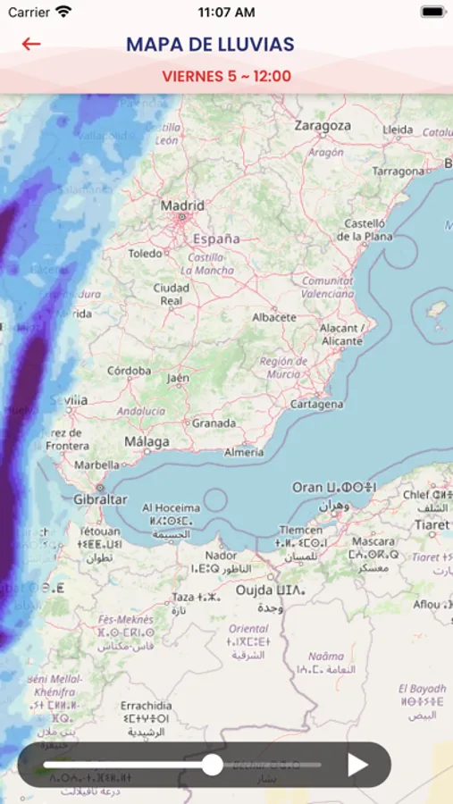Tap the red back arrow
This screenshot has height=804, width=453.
point(31,44)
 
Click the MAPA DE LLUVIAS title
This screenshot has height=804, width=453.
point(210,45)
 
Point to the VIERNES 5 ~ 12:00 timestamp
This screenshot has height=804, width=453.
point(227,76)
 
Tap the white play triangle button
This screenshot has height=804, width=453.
point(357,765)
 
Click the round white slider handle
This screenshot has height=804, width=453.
point(212,765)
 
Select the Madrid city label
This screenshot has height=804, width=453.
point(182,206)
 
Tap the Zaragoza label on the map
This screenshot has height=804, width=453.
point(323,126)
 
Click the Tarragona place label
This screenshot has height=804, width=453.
point(398,171)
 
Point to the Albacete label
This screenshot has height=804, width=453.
point(274,317)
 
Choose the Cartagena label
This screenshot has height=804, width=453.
point(316,404)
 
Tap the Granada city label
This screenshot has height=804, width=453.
point(214,423)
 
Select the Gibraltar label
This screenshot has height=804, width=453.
point(99,499)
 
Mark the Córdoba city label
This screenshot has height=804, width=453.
point(129,371)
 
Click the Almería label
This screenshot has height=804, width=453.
point(244,452)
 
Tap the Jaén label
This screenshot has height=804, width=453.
point(178,378)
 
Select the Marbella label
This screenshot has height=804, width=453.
point(96,465)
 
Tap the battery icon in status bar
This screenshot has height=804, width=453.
point(432,13)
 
